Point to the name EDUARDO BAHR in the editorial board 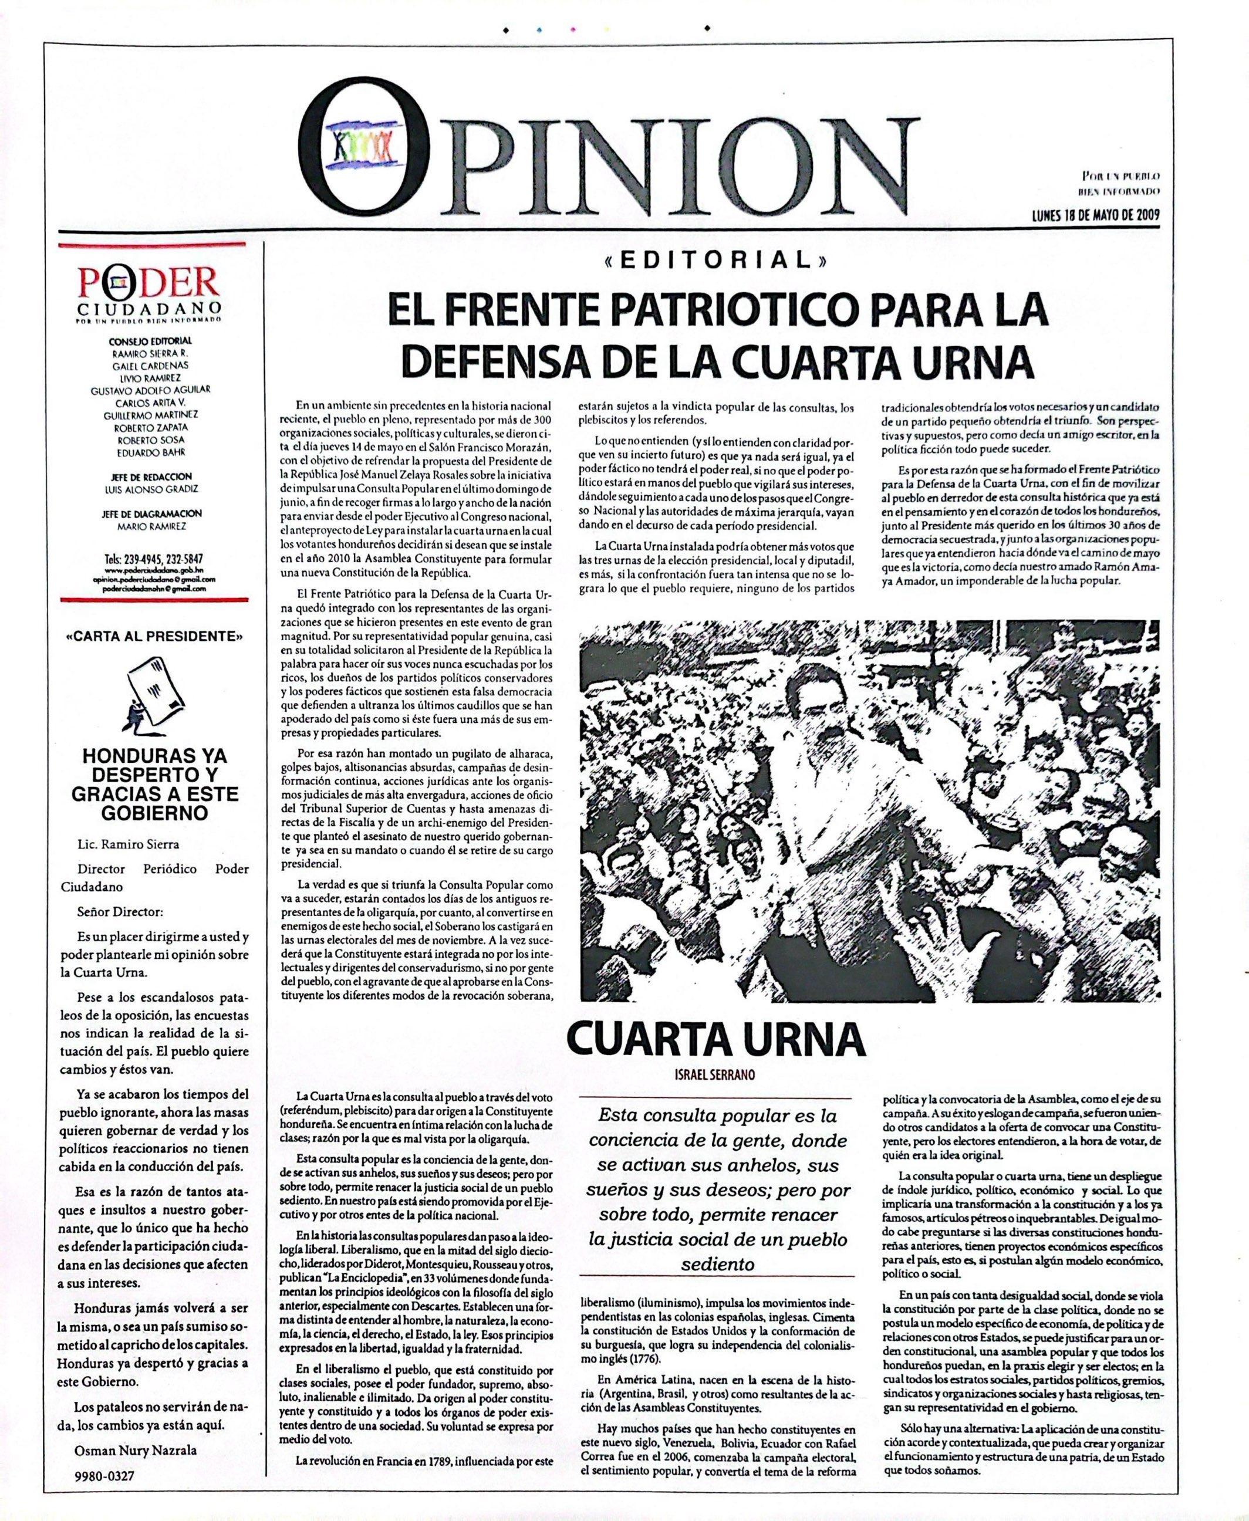tap(150, 452)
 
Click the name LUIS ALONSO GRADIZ tap(150, 489)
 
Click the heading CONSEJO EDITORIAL tap(150, 341)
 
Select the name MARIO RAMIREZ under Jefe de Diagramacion tap(150, 526)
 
